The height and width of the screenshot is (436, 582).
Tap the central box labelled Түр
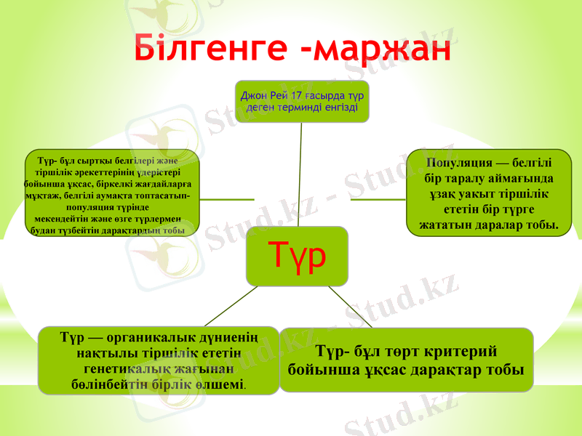click(x=296, y=255)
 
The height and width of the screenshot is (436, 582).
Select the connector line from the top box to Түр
click(x=300, y=174)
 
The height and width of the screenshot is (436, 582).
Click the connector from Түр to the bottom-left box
click(x=230, y=306)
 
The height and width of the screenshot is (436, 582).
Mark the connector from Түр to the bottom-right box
click(x=351, y=306)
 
